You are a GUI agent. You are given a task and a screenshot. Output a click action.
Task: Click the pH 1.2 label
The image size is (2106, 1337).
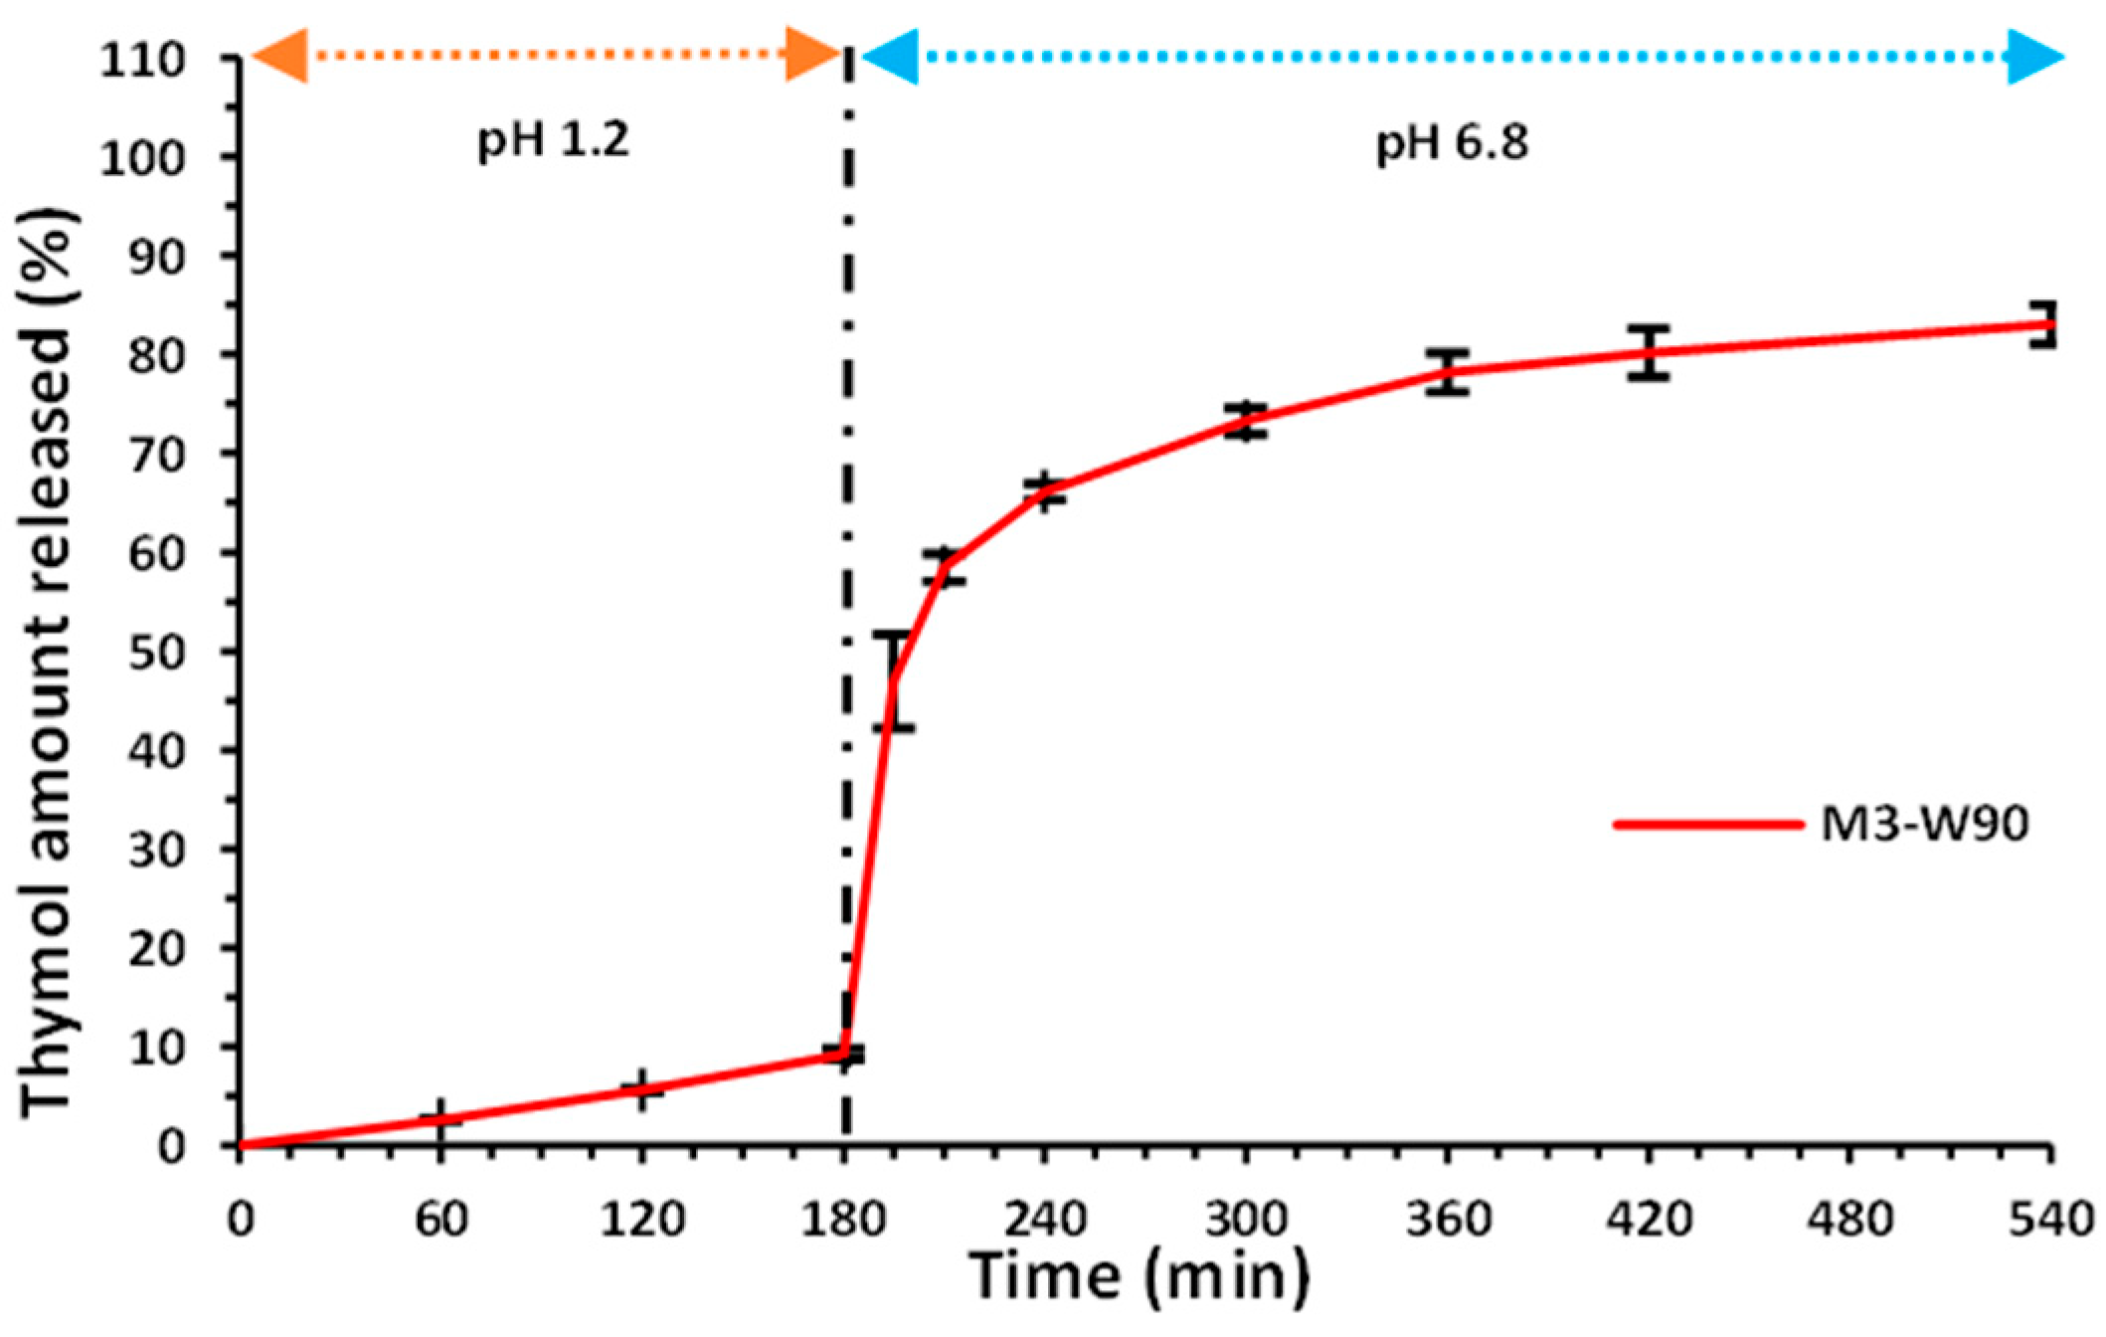point(554,140)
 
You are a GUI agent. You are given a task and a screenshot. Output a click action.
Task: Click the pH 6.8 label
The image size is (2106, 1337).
point(1451,144)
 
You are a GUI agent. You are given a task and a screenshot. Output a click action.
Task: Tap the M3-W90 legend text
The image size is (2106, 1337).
point(1924,824)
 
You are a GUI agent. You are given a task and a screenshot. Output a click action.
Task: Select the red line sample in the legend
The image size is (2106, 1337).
point(1707,825)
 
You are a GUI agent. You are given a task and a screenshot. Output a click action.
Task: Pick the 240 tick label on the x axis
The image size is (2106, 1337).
point(1044,1220)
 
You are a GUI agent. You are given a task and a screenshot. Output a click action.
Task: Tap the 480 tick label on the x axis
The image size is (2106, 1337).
point(1849,1220)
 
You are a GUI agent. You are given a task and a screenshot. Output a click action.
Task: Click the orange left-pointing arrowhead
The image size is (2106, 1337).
point(279,55)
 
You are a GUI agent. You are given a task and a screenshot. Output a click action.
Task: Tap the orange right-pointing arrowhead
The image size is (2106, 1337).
point(813,55)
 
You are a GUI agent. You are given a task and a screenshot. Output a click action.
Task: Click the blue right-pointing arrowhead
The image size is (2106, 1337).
point(2034,57)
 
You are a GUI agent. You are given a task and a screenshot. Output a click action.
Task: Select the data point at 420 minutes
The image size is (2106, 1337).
point(1649,352)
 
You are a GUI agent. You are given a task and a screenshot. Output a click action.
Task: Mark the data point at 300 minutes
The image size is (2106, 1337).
point(1245,421)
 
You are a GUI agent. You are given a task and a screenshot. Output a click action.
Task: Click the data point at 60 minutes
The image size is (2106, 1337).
point(440,1119)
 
